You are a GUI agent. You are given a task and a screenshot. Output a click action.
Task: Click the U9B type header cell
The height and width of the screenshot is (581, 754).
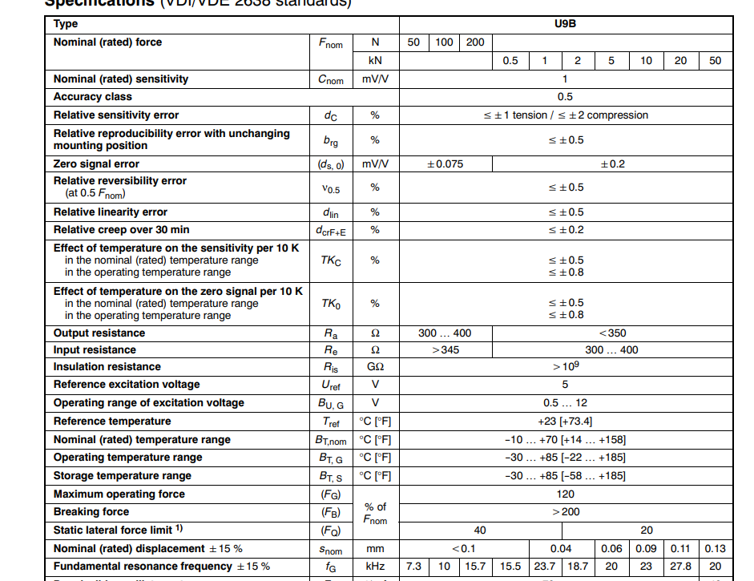coord(565,24)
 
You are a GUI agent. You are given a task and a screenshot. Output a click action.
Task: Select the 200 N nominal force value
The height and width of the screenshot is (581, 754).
coord(475,42)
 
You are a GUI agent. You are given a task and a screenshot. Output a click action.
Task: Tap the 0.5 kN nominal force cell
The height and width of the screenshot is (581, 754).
coord(510,61)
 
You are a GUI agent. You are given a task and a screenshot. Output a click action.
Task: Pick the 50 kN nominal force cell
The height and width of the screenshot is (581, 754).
coord(715,61)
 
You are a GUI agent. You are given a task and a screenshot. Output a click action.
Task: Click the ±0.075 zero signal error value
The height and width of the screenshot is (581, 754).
coord(445,164)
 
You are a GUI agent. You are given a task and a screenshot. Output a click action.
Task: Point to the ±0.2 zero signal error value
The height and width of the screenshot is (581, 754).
coord(612,164)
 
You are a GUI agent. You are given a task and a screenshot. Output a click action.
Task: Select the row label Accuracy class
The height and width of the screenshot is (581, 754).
coord(92,97)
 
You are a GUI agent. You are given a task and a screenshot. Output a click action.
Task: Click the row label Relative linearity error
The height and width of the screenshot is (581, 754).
coord(111,212)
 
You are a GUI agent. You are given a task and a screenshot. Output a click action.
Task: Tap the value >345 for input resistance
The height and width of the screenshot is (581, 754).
coord(446,350)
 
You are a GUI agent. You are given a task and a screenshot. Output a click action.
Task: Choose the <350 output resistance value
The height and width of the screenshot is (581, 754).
coord(612,333)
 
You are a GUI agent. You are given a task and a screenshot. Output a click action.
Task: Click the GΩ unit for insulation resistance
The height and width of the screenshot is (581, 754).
coord(375,367)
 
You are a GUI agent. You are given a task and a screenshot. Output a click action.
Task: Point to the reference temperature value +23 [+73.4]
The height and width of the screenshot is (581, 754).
coord(565,422)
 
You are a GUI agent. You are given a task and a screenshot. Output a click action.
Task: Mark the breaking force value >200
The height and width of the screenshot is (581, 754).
coord(565,512)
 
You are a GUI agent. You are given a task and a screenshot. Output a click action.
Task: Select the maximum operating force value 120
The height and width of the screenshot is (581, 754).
coord(565,494)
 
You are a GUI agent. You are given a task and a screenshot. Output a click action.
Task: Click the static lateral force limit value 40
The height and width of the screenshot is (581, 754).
coord(480,531)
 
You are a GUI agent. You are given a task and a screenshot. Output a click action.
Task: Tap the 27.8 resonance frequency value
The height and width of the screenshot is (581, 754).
coord(680,567)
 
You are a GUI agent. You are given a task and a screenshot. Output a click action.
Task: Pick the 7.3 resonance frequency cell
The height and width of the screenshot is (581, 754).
coord(414,567)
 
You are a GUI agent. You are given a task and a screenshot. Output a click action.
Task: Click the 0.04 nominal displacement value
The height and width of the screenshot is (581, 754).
coord(561,549)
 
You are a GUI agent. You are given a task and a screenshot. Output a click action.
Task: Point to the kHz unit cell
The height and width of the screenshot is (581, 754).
coord(375,567)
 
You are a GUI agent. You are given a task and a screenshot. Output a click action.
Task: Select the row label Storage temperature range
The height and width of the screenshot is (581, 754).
coord(123,476)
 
